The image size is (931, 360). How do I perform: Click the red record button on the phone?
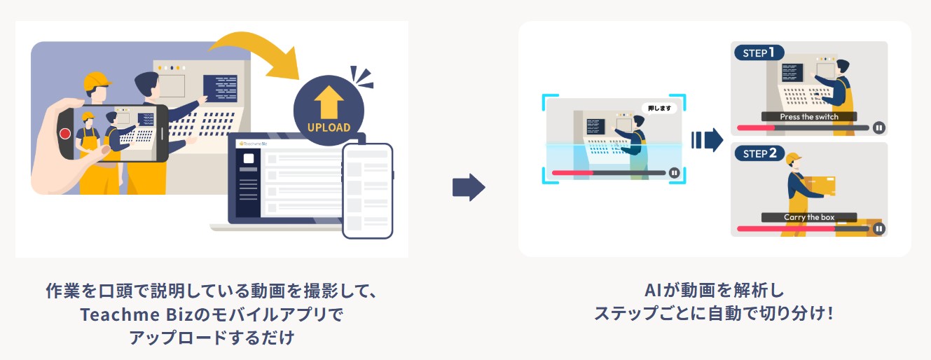click(65, 134)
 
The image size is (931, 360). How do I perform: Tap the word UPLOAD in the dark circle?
click(328, 127)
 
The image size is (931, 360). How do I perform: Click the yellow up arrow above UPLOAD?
click(328, 102)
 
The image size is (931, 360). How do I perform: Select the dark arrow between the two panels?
click(468, 188)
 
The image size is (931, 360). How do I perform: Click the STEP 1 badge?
click(759, 53)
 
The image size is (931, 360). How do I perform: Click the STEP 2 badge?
click(759, 153)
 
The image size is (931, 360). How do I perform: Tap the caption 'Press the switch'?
click(808, 117)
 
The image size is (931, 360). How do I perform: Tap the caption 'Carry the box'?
click(809, 218)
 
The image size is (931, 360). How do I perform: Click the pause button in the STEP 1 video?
click(878, 128)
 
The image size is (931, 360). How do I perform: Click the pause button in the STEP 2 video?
click(878, 228)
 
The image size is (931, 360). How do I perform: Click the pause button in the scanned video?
click(674, 172)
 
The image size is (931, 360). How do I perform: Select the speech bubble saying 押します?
click(659, 109)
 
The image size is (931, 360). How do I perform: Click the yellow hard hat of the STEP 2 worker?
click(793, 158)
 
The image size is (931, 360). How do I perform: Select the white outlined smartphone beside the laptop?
click(367, 191)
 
